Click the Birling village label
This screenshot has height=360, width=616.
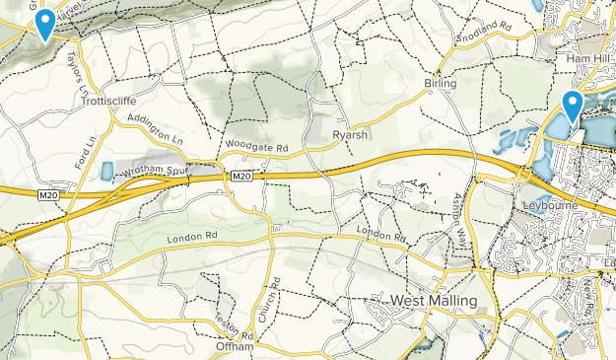(441, 84)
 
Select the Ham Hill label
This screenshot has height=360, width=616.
(582, 59)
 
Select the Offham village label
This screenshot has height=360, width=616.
(235, 347)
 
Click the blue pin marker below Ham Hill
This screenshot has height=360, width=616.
(573, 105)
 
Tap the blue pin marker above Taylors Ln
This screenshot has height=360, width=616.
(44, 23)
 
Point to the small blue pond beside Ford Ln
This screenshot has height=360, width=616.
(106, 171)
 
